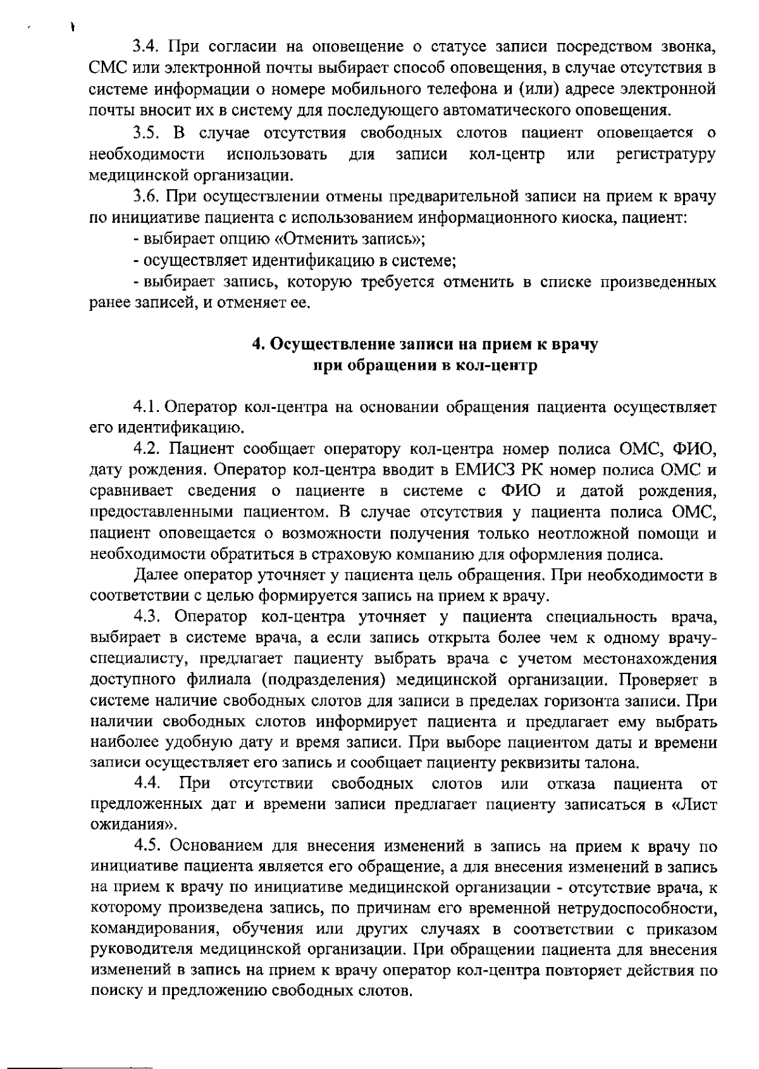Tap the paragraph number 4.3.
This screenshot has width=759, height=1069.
[x=150, y=616]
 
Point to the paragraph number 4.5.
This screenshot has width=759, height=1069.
[x=150, y=846]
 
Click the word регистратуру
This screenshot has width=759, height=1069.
[x=666, y=154]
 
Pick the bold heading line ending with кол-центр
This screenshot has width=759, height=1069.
[x=425, y=366]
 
